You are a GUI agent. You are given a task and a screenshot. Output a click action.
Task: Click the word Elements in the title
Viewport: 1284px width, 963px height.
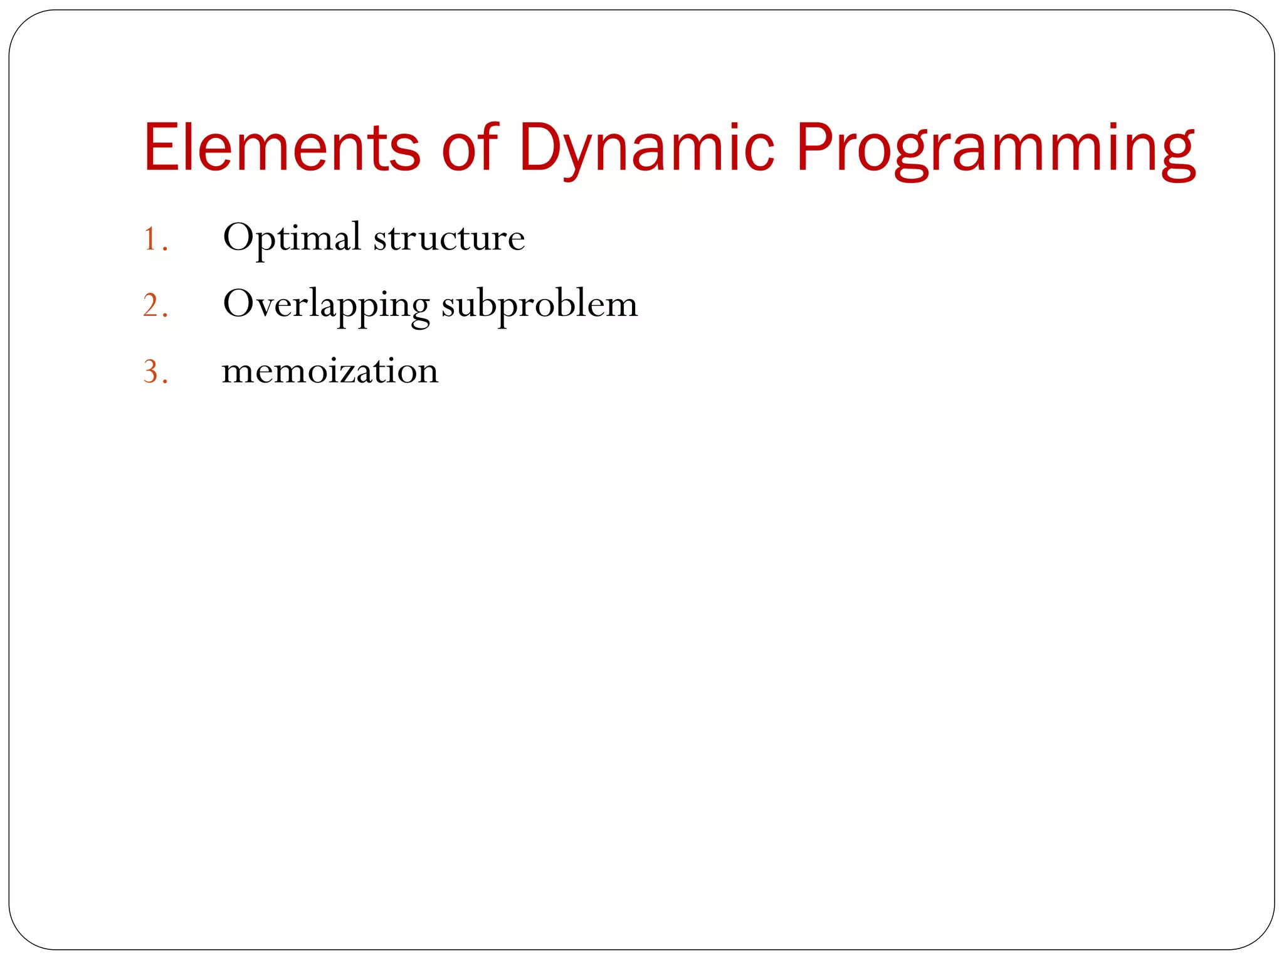coord(282,147)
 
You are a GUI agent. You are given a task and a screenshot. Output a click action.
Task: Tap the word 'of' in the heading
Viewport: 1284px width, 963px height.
coord(470,147)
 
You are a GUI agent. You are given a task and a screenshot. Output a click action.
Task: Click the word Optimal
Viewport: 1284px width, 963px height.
coord(292,238)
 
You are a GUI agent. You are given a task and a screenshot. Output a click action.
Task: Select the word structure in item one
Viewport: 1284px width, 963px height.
coord(449,238)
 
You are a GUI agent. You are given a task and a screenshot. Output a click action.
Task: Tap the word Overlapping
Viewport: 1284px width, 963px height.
coord(326,305)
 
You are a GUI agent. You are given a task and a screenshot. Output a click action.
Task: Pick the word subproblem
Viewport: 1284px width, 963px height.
coord(539,305)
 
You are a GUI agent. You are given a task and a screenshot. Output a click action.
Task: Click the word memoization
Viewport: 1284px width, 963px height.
coord(330,371)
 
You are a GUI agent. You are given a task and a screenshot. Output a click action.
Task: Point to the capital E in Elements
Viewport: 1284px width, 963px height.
coord(159,147)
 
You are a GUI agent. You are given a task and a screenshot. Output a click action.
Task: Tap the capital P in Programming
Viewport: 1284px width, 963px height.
coord(814,147)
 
